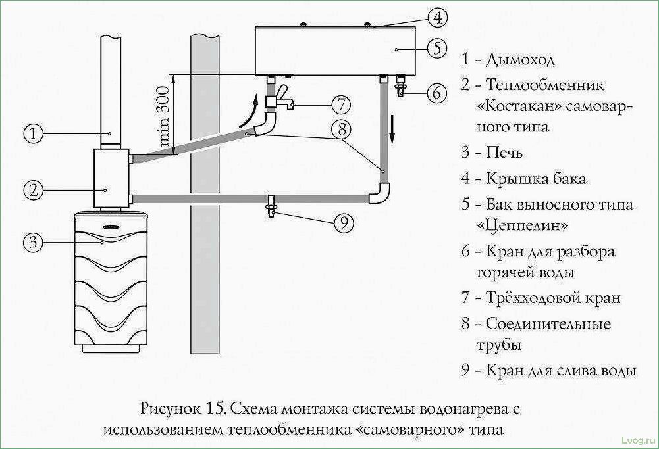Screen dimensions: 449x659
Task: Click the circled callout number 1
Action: point(34,133)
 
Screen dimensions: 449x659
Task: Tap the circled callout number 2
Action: point(34,190)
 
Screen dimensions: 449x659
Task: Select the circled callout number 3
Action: point(34,243)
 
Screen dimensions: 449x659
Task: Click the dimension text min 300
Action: point(163,116)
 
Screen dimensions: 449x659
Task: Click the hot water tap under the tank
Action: point(400,87)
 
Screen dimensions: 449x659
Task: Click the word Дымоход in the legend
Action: point(520,60)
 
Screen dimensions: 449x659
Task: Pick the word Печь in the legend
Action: point(504,153)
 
